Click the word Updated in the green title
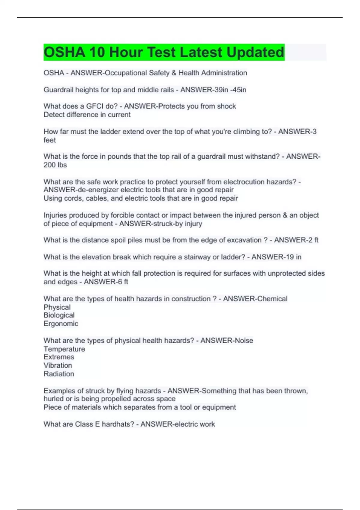[x=255, y=52]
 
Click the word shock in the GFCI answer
[x=227, y=106]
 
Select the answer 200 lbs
[x=55, y=165]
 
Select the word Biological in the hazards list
[x=59, y=315]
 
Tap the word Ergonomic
[x=61, y=324]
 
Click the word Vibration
[x=58, y=365]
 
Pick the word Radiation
[x=59, y=374]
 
